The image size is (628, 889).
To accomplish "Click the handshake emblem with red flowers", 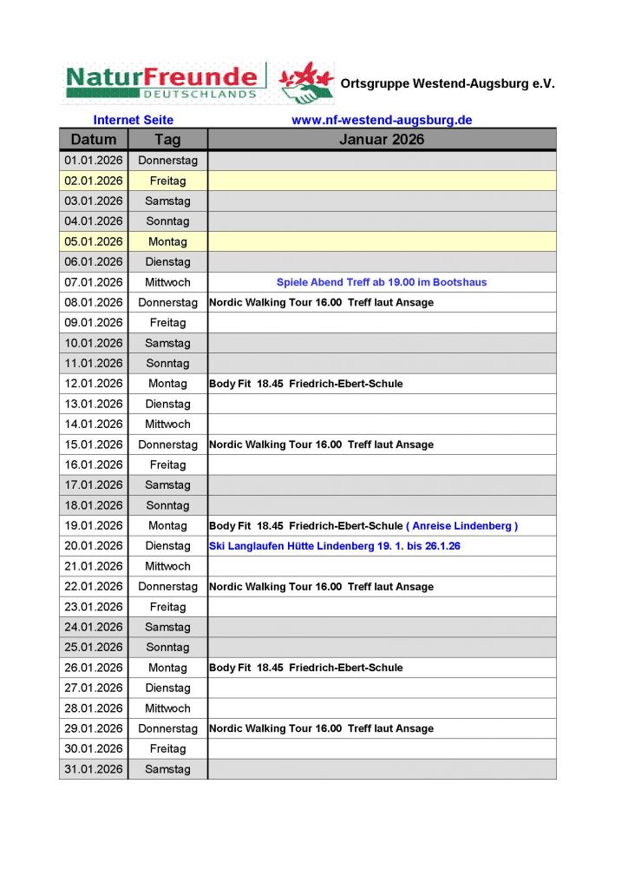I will [306, 83].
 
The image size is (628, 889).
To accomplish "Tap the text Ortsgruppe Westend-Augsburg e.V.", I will [448, 84].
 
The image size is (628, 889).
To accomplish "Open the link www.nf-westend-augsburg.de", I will [382, 120].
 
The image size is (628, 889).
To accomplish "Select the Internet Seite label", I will [134, 120].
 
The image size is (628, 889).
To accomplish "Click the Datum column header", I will [94, 140].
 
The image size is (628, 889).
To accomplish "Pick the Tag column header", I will [167, 140].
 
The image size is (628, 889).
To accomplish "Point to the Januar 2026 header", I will [382, 140].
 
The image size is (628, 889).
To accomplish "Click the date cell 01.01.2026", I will [94, 161].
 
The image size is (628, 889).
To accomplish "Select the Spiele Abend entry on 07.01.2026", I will [382, 282].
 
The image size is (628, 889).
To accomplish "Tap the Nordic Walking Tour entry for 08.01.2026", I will [321, 302].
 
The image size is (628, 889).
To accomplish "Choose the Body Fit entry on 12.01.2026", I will [305, 384].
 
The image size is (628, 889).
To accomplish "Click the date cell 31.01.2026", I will [94, 769].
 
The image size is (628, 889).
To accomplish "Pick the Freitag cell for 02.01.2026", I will [167, 181].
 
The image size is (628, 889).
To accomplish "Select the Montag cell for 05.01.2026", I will [167, 241].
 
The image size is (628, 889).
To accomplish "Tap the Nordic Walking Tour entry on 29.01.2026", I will [321, 728].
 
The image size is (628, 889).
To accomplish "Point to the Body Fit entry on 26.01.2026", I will [305, 668].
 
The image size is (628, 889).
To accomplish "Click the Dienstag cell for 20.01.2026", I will [167, 546].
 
